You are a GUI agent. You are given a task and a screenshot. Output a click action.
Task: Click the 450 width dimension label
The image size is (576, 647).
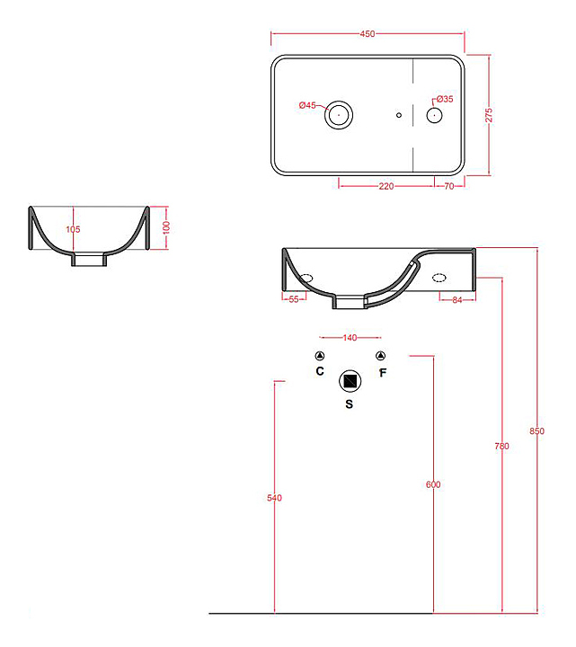pos(367,34)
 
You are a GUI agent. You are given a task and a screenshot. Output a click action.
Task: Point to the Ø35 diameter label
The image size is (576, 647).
pos(444,99)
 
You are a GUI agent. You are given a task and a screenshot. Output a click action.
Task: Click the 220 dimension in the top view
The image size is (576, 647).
pos(386,186)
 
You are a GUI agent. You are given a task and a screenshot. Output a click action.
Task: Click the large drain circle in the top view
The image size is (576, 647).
pos(339,114)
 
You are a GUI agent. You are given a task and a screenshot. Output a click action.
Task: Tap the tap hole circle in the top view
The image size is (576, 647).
pos(434,115)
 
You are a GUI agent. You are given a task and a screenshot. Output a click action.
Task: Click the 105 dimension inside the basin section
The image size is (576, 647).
pos(74,230)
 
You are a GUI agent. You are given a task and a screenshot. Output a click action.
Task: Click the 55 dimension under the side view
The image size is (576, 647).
pos(293,299)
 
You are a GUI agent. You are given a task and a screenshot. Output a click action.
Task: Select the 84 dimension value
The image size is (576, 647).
pos(456,299)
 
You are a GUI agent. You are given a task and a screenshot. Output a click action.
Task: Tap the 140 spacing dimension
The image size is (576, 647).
pos(350,338)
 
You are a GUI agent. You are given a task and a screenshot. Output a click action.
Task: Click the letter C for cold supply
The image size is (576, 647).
pos(320,370)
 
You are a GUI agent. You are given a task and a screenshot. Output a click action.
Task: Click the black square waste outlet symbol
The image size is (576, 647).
pos(350,381)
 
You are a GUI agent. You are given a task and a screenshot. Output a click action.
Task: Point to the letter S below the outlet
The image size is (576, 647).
pos(350,404)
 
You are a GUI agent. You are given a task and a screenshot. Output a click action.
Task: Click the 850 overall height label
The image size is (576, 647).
pos(536,431)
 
